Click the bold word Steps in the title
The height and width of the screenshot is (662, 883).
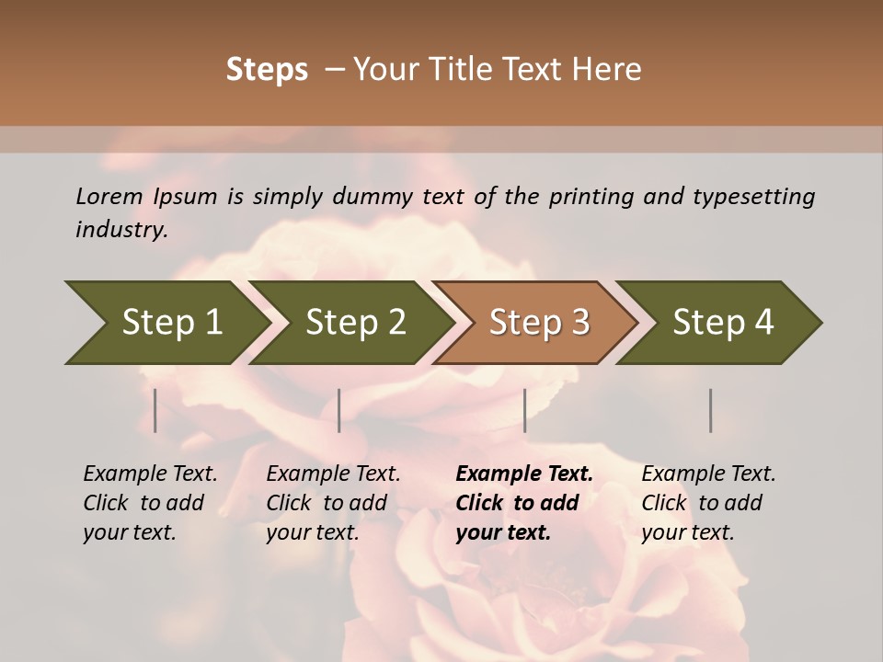tap(267, 70)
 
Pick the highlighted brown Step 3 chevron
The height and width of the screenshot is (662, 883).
tap(539, 323)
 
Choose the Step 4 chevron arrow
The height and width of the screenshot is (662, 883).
tap(723, 323)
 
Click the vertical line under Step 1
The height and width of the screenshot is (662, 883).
tap(155, 410)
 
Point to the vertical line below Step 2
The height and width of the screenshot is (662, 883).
tap(339, 410)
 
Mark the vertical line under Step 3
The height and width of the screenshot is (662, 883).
tap(524, 410)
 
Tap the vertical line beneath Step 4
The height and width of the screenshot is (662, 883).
tap(710, 410)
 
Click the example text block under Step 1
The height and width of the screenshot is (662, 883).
tap(149, 503)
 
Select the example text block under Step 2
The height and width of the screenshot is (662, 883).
tap(332, 503)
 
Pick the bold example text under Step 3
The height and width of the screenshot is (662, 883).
tap(523, 503)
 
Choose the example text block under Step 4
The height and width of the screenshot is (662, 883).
tap(707, 503)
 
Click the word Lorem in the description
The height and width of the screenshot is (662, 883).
tap(109, 197)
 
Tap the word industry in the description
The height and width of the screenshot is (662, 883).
tap(121, 230)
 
